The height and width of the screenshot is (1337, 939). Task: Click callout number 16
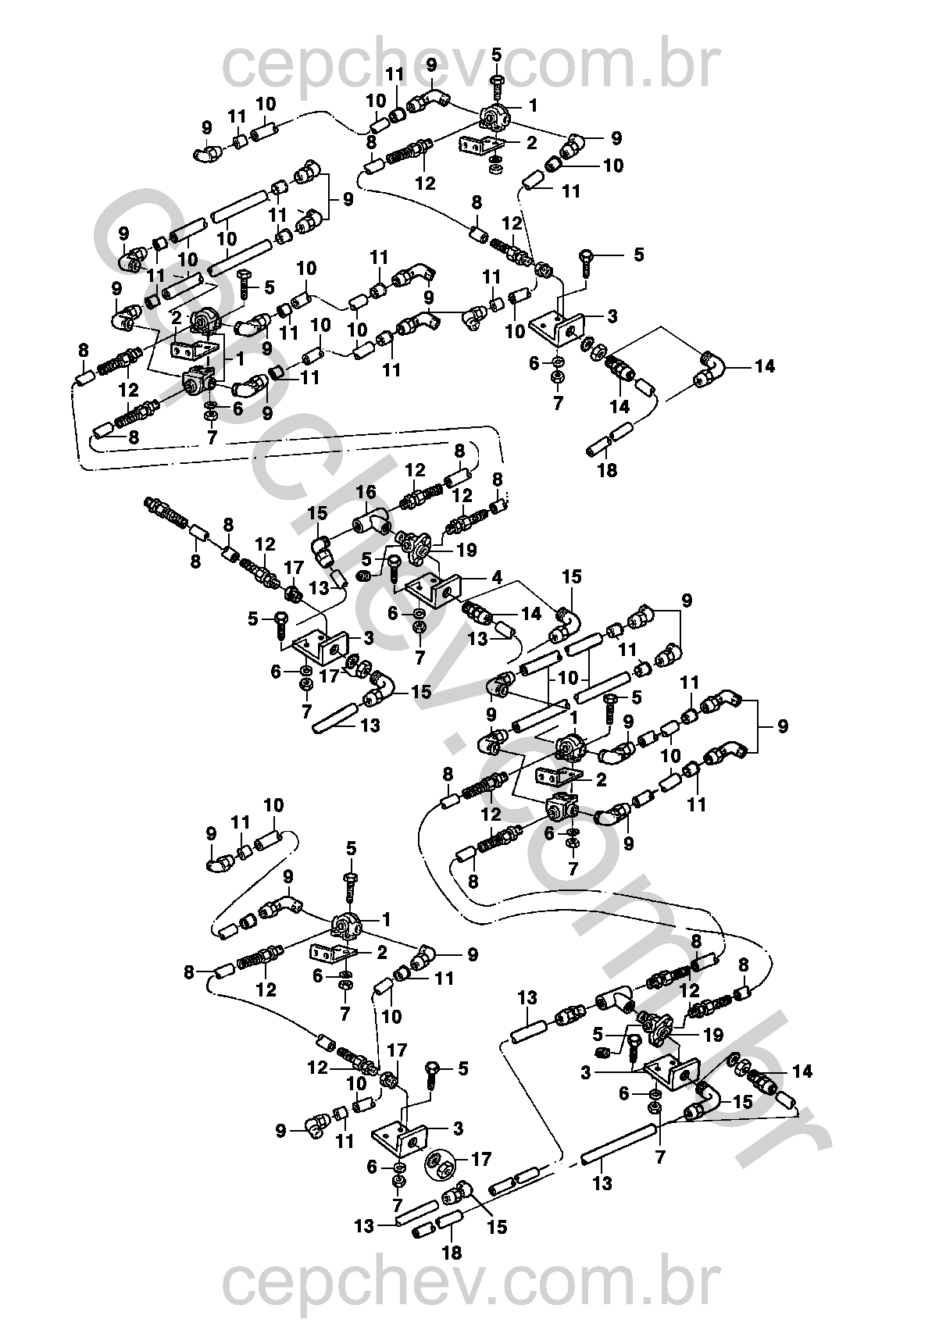pos(366,492)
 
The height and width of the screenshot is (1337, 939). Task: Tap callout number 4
pos(497,579)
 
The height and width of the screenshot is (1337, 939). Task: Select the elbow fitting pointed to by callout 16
pos(375,522)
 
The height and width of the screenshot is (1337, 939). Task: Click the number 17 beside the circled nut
pos(481,1160)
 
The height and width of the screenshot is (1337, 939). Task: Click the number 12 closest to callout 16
pos(415,470)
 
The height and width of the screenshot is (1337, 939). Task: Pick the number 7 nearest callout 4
pos(420,654)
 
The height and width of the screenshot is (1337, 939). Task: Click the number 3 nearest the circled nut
pos(458,1128)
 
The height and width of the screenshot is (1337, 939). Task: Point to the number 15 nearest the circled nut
pos(496,1228)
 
